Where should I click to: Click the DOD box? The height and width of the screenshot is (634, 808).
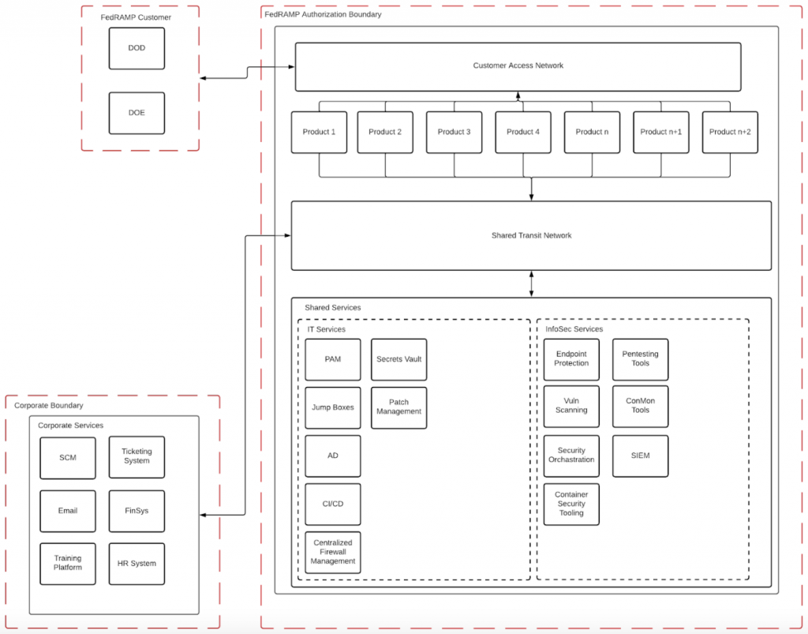coord(137,48)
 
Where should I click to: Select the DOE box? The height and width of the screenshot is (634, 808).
coord(137,113)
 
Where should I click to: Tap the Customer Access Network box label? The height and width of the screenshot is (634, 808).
coord(518,66)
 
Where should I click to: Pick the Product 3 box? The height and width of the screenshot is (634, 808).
coord(454,132)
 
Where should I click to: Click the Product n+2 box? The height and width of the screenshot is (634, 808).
coord(730,132)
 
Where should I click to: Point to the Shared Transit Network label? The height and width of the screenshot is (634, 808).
coord(531,235)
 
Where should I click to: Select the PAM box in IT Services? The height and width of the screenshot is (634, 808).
coord(333,359)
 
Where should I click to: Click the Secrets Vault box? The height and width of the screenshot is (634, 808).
coord(398,359)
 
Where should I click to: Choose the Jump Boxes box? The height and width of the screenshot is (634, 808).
coord(333,407)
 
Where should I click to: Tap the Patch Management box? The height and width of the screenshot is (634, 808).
coord(398,407)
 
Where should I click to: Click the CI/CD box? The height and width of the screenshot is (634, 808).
coord(333,504)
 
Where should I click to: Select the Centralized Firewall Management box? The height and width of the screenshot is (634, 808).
coord(333,552)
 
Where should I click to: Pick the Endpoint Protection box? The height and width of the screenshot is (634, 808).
coord(571,359)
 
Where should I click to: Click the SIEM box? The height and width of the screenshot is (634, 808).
coord(640,456)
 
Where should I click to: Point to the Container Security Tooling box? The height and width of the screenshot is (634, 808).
coord(571,504)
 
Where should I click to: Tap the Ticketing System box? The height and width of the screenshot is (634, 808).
coord(137,456)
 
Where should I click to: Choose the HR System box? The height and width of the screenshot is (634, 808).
coord(137,564)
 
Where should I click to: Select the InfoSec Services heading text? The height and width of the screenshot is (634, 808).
coord(574,329)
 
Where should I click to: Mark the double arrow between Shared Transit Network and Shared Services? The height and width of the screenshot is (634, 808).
coord(531,283)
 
